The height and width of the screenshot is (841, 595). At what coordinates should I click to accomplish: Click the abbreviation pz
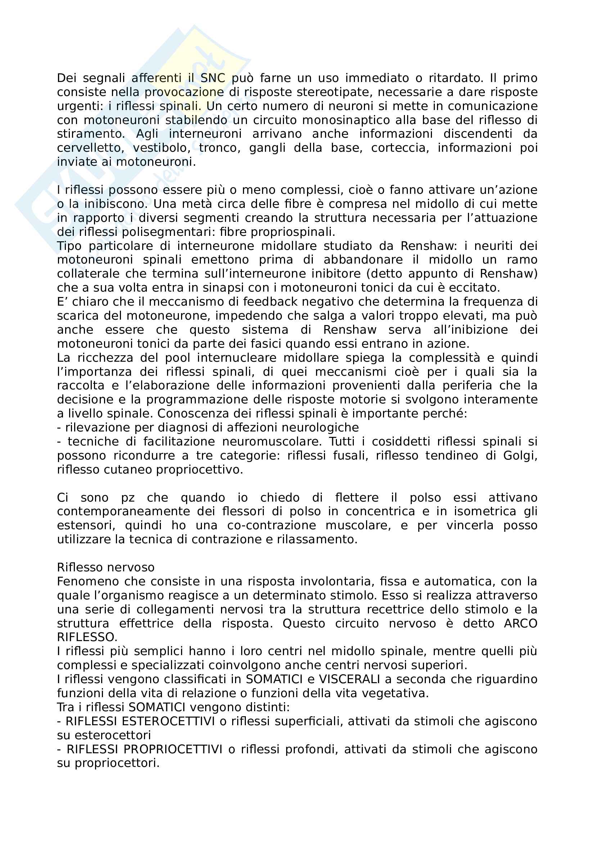(x=128, y=497)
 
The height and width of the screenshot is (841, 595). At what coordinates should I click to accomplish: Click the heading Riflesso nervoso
(x=105, y=567)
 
